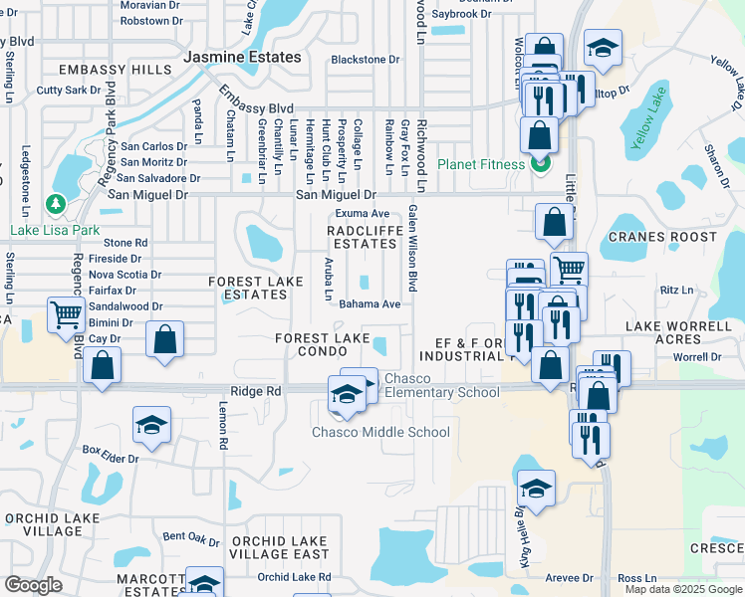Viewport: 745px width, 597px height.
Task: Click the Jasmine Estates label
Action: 242,57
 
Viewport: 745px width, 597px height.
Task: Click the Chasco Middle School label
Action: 381,432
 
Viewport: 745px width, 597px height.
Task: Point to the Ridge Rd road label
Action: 255,392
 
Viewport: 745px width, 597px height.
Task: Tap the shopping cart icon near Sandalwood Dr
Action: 66,313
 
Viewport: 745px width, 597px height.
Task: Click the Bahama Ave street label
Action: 370,304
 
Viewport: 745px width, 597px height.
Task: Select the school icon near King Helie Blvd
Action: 536,488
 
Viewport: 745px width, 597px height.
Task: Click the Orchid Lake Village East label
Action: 279,547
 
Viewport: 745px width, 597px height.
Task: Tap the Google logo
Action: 34,584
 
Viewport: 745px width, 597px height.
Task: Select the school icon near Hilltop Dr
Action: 602,48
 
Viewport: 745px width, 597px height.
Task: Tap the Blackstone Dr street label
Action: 365,60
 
